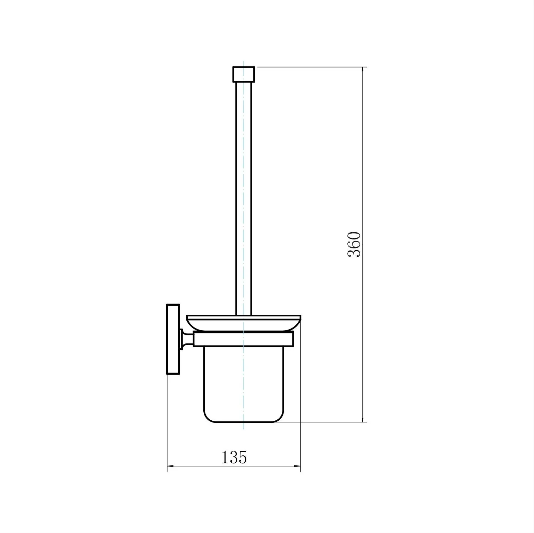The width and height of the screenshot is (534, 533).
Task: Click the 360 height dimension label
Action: click(354, 245)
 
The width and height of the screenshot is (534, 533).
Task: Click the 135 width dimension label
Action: click(234, 457)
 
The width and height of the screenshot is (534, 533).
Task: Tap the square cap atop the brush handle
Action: click(244, 74)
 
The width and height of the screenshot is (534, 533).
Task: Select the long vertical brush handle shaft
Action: click(244, 198)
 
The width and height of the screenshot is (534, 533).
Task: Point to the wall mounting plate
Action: click(173, 339)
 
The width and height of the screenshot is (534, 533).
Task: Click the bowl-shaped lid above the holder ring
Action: click(244, 323)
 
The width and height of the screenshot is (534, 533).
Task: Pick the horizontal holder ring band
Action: click(244, 339)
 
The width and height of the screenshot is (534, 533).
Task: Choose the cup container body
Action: click(244, 384)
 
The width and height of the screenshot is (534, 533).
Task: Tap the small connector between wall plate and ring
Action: click(187, 339)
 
